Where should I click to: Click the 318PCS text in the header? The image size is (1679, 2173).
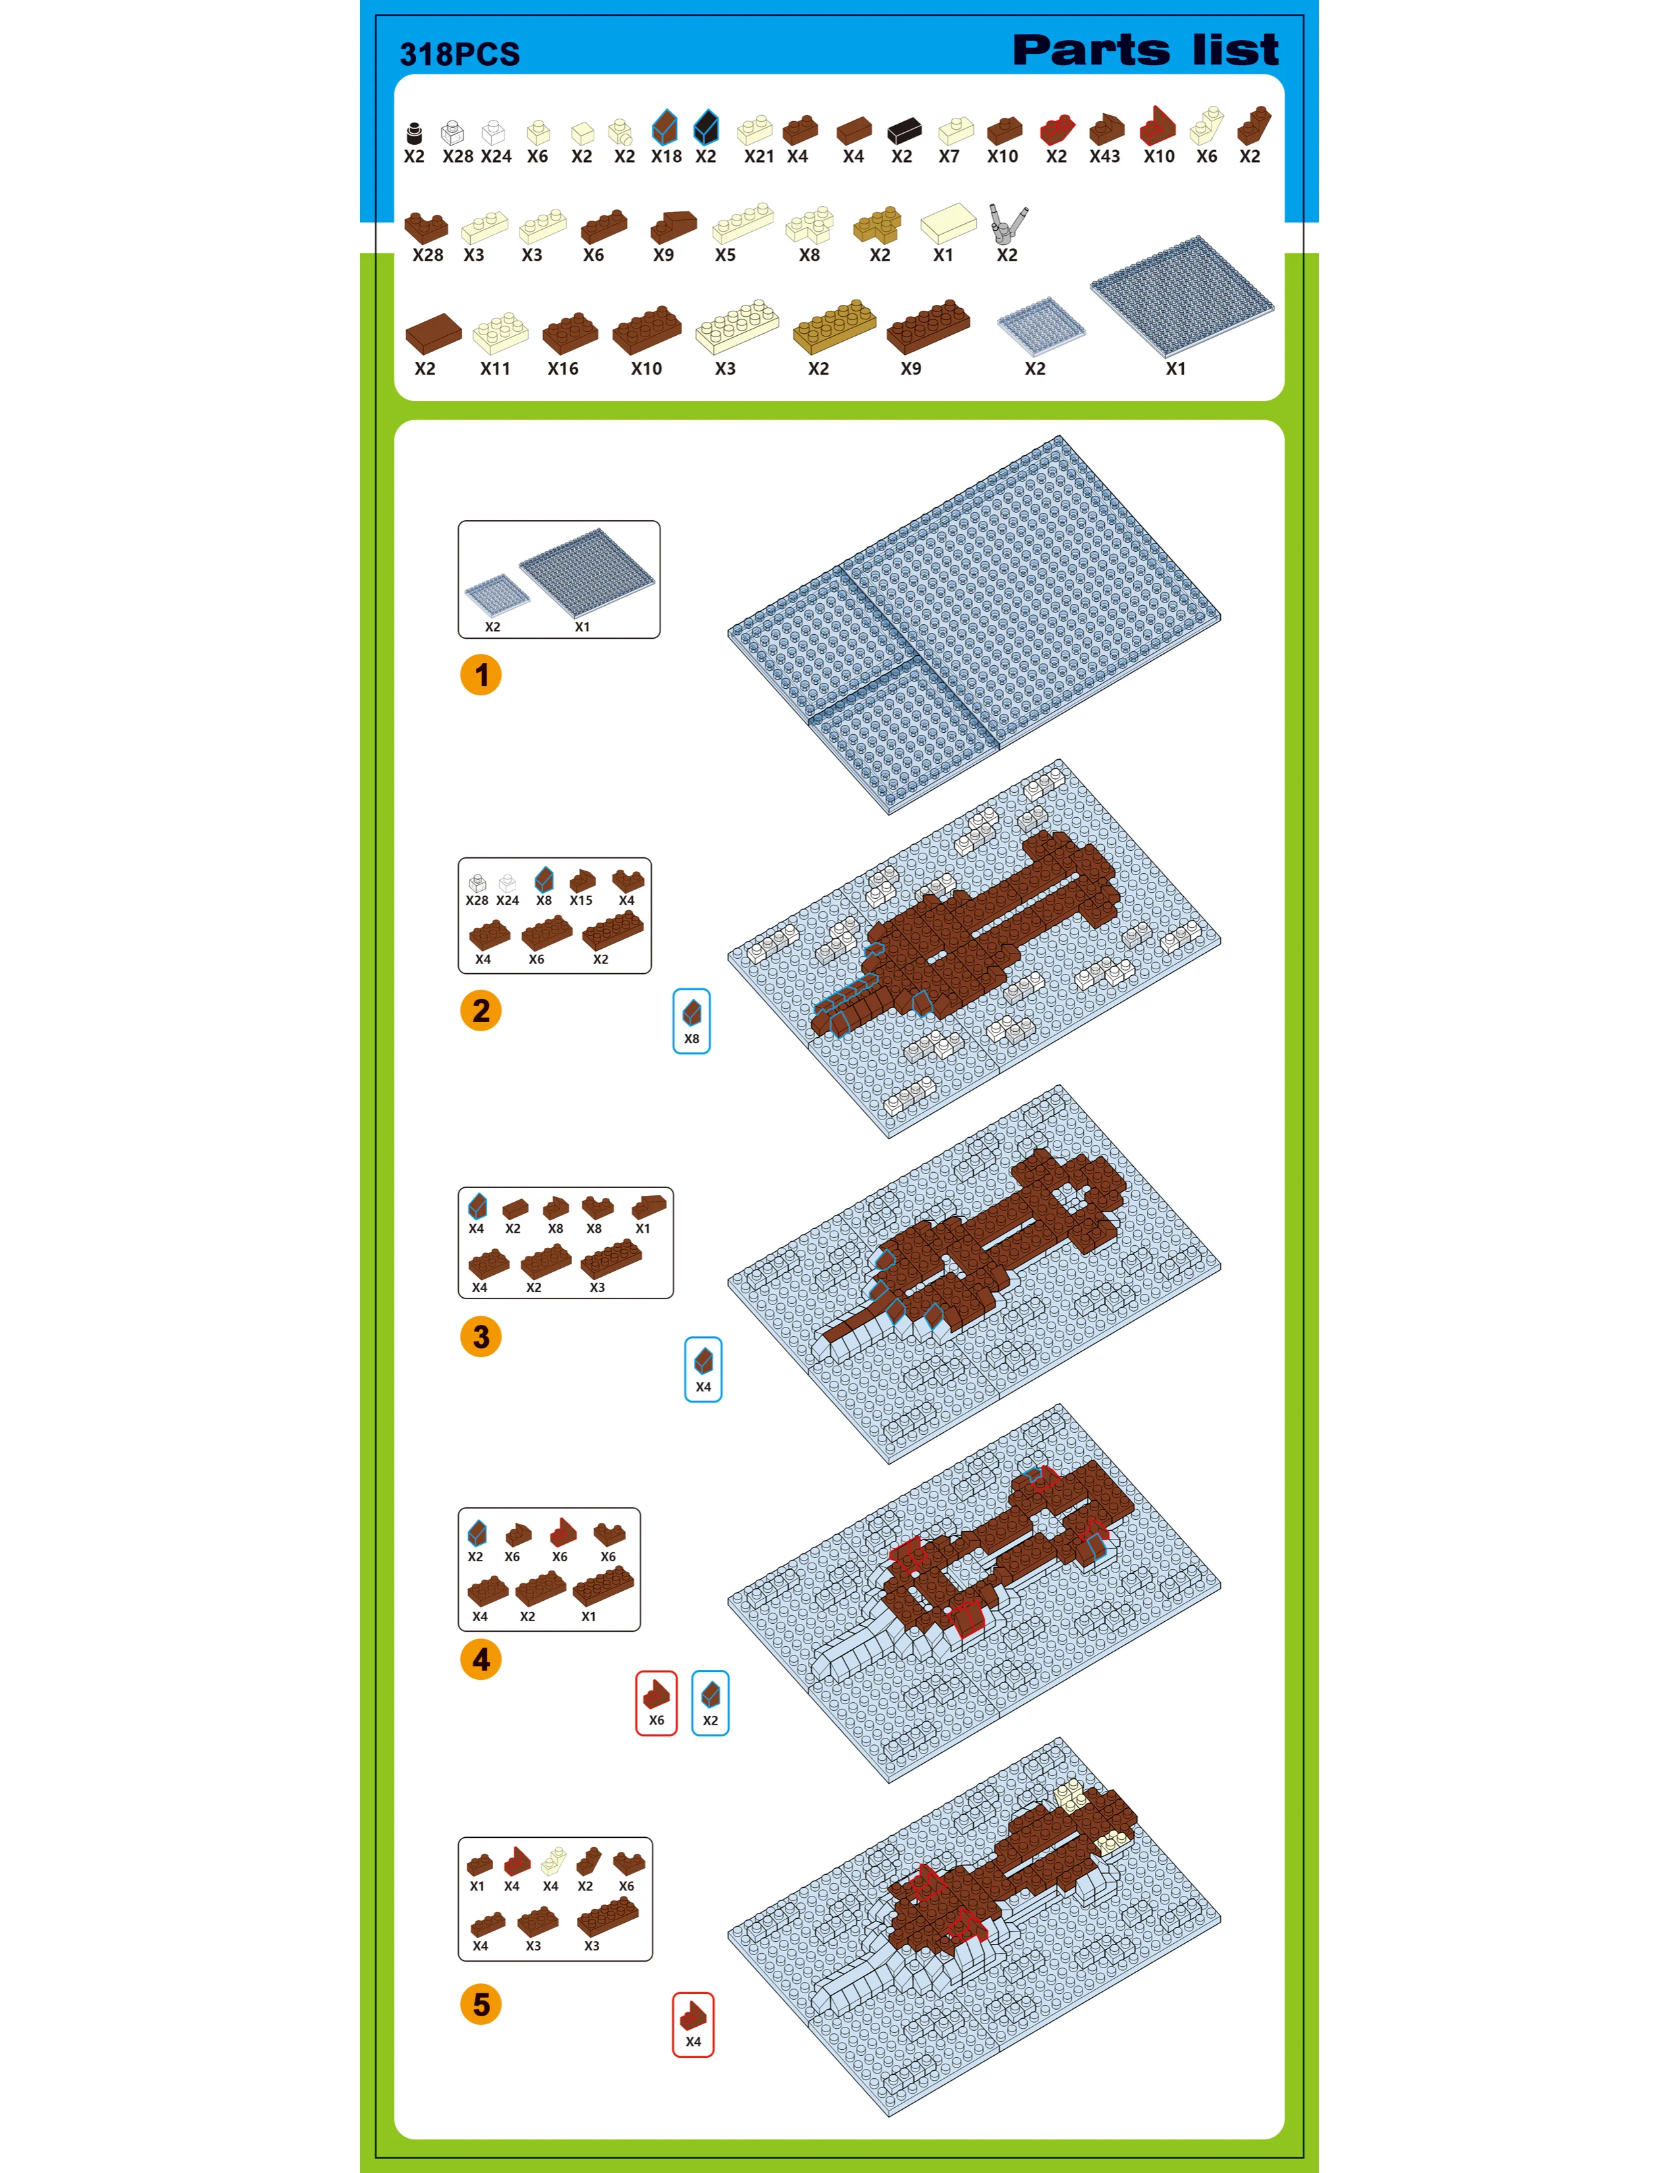(x=460, y=54)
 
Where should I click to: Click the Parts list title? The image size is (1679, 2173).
(x=1145, y=50)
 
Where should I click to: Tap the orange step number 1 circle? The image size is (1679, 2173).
(x=481, y=674)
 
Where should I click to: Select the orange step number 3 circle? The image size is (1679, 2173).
(x=481, y=1336)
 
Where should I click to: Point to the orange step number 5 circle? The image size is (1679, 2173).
(x=481, y=2004)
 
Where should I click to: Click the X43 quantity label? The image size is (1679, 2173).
(x=1104, y=156)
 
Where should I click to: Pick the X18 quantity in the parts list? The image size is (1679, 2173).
(x=666, y=156)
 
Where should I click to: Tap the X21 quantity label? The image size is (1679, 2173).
(x=759, y=156)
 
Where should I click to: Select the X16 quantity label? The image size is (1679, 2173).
(x=563, y=368)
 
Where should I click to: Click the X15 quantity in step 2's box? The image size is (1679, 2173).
(x=581, y=900)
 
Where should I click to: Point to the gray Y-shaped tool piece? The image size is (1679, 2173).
(x=1007, y=224)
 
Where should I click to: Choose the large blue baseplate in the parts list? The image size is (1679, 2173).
(x=1182, y=296)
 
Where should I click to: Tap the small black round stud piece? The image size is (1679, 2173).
(x=413, y=133)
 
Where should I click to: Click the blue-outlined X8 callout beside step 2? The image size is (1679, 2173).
(x=691, y=1021)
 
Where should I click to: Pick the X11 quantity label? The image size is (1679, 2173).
(x=495, y=368)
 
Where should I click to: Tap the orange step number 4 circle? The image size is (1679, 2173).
(x=481, y=1659)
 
